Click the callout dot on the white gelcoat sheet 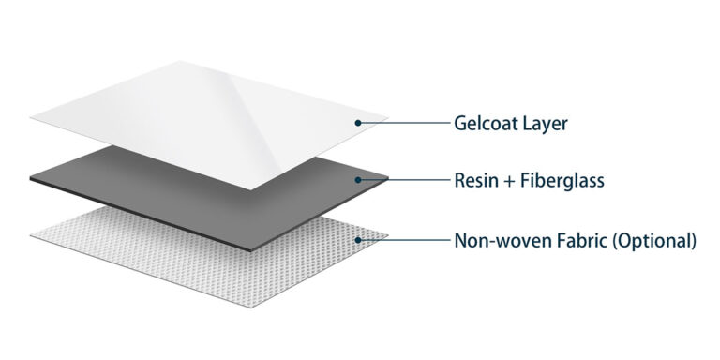[x=358, y=123]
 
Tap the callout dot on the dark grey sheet [x=358, y=178]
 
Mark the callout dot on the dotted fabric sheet [x=358, y=240]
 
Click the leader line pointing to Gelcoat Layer [x=403, y=123]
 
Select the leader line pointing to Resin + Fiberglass [x=403, y=178]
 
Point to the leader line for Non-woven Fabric [x=403, y=240]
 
